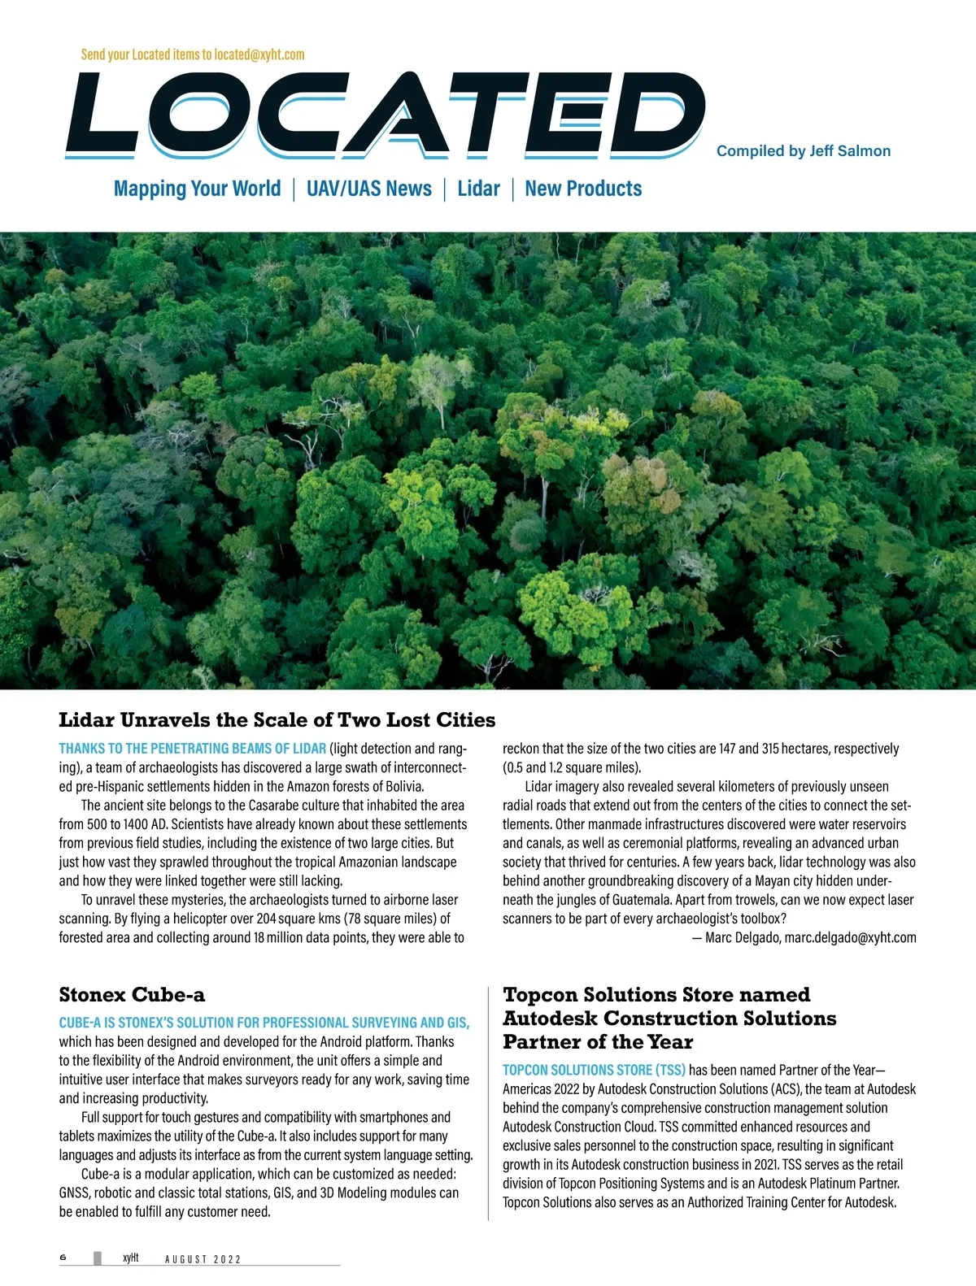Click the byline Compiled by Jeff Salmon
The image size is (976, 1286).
[803, 151]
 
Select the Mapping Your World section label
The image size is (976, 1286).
[197, 189]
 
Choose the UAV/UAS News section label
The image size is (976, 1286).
[368, 189]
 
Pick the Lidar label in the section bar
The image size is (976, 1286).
[478, 189]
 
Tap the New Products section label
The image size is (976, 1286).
[583, 189]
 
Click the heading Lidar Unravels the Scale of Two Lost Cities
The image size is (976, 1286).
[277, 719]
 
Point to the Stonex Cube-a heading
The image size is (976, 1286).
[132, 995]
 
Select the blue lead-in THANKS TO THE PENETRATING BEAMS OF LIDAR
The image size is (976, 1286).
[192, 749]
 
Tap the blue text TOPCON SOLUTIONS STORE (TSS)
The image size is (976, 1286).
[594, 1070]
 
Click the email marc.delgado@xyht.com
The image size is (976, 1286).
[850, 937]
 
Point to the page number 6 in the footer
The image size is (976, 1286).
[63, 1257]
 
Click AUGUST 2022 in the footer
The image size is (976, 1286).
[203, 1259]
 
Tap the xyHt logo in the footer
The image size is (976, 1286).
[130, 1257]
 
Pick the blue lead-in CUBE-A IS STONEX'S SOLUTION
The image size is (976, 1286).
[264, 1023]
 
